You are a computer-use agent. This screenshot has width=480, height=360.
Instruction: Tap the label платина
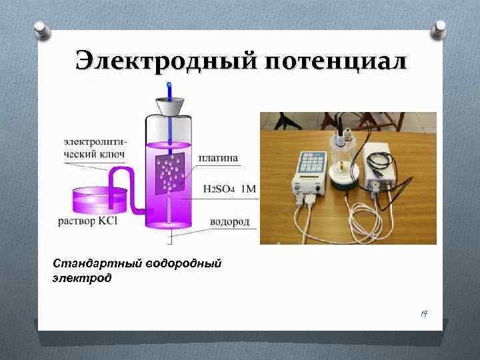tap(217, 158)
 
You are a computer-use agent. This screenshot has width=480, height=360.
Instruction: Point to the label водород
tap(229, 221)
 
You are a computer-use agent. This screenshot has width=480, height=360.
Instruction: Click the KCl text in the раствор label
tap(107, 221)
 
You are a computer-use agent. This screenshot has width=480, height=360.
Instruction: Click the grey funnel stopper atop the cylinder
tap(169, 107)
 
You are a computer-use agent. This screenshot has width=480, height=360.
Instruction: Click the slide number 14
tap(423, 313)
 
